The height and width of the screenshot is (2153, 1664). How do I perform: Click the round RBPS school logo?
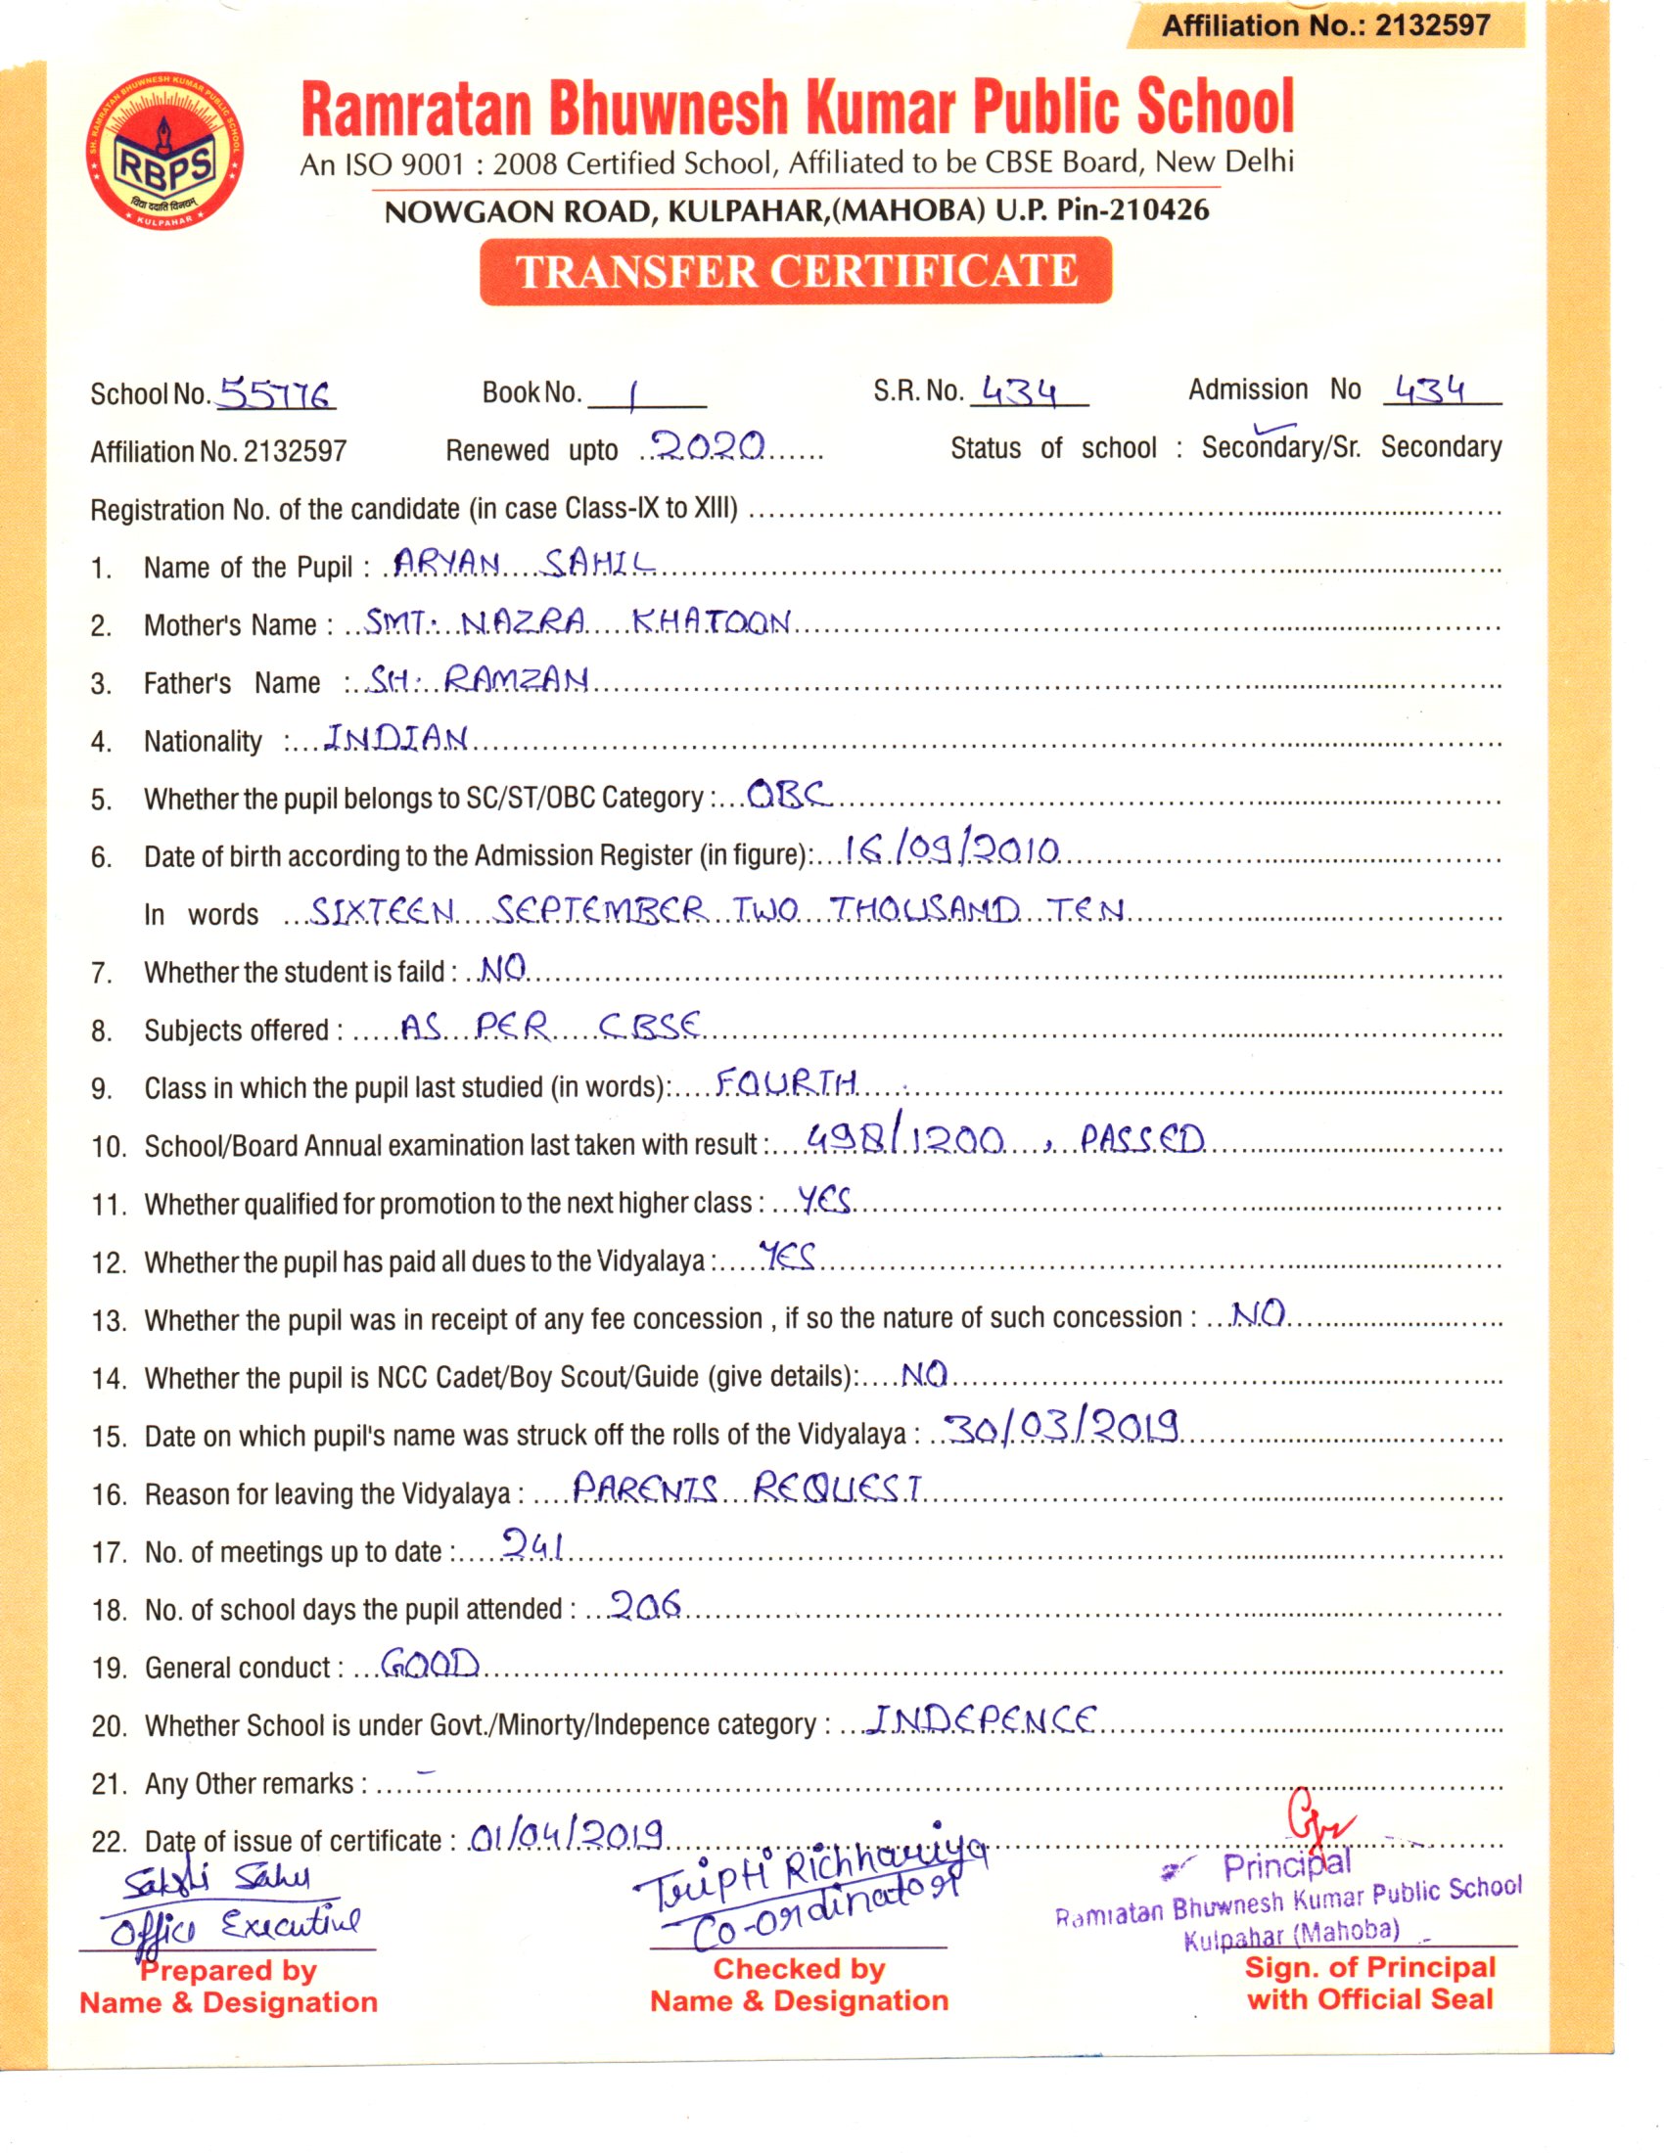point(164,149)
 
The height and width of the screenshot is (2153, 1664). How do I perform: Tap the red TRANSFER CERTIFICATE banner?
point(796,271)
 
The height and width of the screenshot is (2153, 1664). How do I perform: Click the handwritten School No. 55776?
point(275,394)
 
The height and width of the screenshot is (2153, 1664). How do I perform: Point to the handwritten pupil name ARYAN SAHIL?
point(524,564)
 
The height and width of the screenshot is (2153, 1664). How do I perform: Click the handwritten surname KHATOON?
point(711,622)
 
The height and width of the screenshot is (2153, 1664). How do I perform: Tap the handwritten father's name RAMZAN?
point(516,679)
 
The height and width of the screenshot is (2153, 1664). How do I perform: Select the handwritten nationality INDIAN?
point(396,737)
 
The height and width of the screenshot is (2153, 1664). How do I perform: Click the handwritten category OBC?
point(788,794)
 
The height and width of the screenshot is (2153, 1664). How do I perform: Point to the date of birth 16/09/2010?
point(951,849)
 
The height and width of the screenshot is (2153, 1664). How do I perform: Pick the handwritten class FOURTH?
point(786,1083)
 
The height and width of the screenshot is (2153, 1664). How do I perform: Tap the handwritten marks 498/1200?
point(905,1140)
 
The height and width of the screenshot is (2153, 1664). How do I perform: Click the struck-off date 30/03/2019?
point(1061,1429)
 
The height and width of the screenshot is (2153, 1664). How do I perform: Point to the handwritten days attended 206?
point(645,1605)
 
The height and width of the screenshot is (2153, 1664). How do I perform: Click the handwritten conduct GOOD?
point(430,1664)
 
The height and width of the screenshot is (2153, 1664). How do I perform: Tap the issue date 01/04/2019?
point(566,1836)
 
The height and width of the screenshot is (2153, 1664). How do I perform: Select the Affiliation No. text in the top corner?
point(1326,25)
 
